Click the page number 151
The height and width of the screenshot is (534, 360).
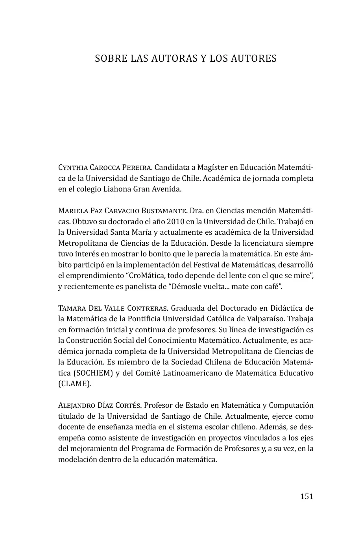pyautogui.click(x=306, y=496)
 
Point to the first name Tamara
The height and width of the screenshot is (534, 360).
pyautogui.click(x=70, y=308)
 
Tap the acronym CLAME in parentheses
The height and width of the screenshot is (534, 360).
pyautogui.click(x=75, y=384)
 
